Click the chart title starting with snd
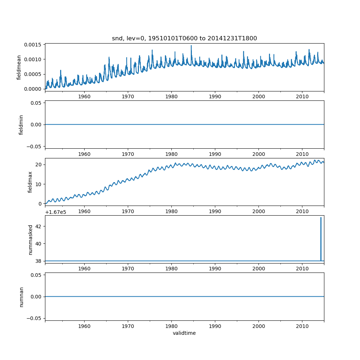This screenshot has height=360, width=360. tap(184, 39)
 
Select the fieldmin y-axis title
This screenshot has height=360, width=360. tap(21, 125)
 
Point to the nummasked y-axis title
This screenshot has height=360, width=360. tap(31, 239)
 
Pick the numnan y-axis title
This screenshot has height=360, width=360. tap(21, 297)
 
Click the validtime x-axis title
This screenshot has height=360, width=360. tap(184, 333)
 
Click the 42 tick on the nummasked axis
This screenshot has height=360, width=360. tap(39, 226)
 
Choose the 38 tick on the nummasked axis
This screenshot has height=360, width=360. tap(39, 261)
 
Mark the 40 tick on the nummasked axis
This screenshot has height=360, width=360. tap(39, 244)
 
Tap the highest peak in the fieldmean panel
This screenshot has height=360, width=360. tap(191, 46)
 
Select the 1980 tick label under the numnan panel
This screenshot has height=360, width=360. tap(171, 326)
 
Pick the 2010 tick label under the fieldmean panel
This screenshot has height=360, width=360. tap(302, 97)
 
